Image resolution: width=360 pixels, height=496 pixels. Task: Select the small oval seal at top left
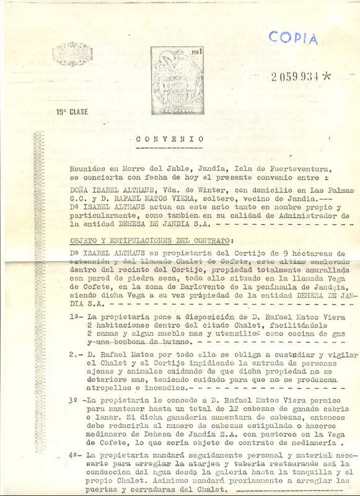pyautogui.click(x=71, y=54)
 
